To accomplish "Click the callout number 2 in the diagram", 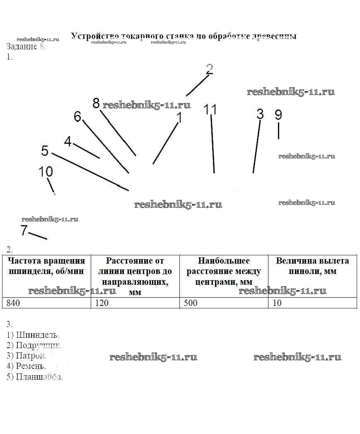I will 210,69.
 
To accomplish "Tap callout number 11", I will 210,109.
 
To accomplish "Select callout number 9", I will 278,115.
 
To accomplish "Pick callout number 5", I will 45,150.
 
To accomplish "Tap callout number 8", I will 96,103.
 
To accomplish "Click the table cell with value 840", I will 46,303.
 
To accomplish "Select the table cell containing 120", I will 135,303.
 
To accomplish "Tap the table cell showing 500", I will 224,303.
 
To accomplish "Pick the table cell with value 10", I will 312,303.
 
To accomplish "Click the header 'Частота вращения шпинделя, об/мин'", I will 46,266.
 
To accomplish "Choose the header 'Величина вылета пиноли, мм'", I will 312,266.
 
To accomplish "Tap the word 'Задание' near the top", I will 22,46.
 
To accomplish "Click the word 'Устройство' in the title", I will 90,36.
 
